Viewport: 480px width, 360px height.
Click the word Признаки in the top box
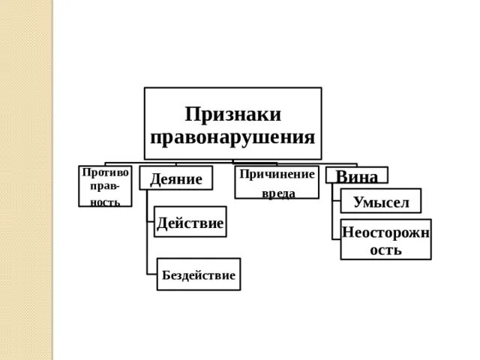[232, 114]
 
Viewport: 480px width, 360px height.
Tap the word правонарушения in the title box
[232, 137]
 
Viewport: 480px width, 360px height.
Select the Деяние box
[176, 178]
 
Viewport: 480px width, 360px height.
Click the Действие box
[190, 223]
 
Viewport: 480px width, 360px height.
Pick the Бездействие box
[199, 275]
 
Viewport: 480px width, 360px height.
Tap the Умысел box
[380, 201]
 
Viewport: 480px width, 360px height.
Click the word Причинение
[277, 174]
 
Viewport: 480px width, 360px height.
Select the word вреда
[277, 193]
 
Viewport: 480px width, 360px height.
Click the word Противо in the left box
[105, 172]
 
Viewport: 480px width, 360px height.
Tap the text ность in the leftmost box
[105, 202]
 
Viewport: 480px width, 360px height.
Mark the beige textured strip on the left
[26, 180]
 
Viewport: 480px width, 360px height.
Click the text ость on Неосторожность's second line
[385, 250]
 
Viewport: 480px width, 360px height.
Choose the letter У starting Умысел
[358, 201]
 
